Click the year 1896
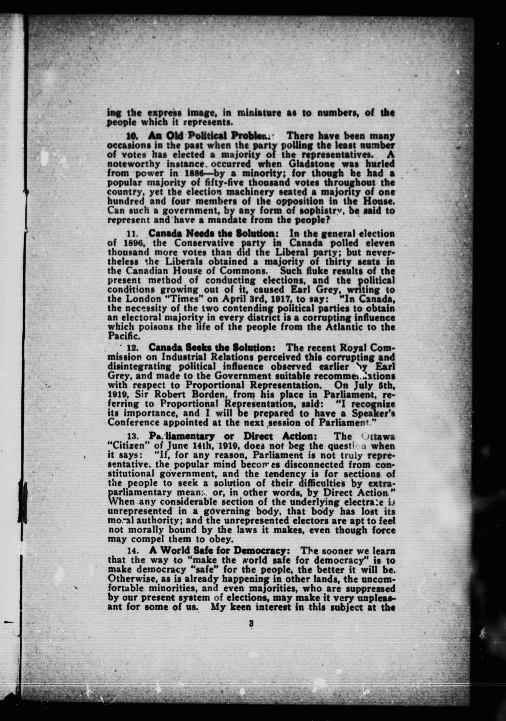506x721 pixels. coord(131,243)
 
